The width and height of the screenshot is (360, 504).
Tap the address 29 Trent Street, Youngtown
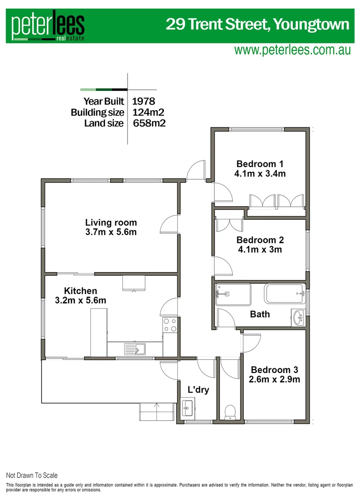click(257, 24)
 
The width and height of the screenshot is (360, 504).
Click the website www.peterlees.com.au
click(292, 50)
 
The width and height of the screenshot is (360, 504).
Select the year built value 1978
click(143, 101)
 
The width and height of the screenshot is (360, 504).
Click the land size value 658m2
click(149, 123)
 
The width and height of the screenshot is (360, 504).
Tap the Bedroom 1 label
click(260, 164)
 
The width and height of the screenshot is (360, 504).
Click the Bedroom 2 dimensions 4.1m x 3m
click(260, 250)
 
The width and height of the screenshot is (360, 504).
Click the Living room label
click(111, 223)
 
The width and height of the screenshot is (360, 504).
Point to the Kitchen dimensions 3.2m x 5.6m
click(80, 301)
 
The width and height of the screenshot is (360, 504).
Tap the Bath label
click(260, 314)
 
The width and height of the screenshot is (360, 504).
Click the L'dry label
click(198, 389)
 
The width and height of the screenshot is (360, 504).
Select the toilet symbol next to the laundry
click(230, 412)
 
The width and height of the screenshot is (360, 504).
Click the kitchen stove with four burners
click(170, 325)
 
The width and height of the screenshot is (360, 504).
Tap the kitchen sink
click(135, 348)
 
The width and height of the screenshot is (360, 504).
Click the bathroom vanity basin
click(298, 318)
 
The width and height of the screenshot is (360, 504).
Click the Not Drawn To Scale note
click(32, 476)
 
